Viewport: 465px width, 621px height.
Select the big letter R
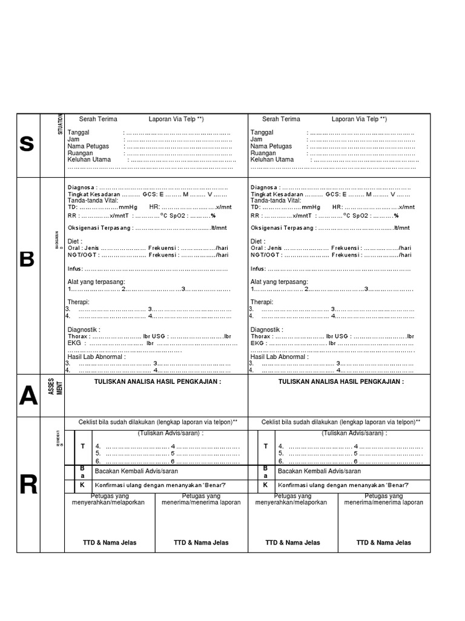28,485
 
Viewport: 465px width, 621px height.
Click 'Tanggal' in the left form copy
79,132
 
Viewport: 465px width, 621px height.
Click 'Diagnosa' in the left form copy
81,187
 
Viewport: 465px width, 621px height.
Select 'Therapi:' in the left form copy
78,302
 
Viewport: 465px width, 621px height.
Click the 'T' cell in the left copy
82,446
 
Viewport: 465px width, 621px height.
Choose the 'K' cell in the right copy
265,485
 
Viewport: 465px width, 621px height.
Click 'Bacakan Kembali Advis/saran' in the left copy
136,471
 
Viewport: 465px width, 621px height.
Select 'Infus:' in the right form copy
259,269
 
